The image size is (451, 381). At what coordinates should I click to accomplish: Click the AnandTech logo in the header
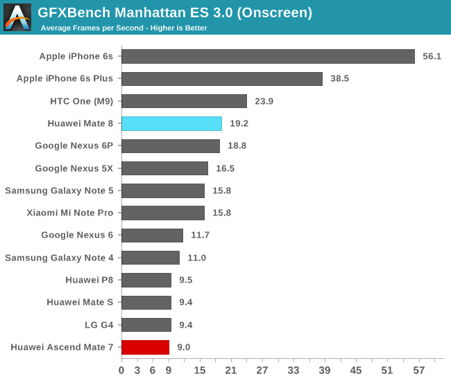pyautogui.click(x=17, y=17)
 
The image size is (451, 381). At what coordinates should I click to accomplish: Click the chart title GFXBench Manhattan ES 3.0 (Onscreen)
pyautogui.click(x=175, y=12)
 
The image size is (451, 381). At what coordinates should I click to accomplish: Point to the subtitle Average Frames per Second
pyautogui.click(x=124, y=28)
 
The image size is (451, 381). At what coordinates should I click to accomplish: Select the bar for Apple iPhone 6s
pyautogui.click(x=268, y=57)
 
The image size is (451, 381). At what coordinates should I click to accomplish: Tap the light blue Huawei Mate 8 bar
pyautogui.click(x=171, y=124)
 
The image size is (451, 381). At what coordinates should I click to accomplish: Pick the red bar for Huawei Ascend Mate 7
pyautogui.click(x=145, y=347)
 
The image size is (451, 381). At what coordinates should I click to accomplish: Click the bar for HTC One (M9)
pyautogui.click(x=184, y=101)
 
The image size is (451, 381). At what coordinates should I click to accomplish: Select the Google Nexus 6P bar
pyautogui.click(x=171, y=146)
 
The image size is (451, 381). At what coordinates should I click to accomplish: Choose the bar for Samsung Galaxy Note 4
pyautogui.click(x=151, y=258)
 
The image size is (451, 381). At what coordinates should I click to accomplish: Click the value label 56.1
pyautogui.click(x=432, y=57)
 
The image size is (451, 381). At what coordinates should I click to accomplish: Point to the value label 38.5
pyautogui.click(x=339, y=79)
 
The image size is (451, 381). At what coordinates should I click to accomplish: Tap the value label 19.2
pyautogui.click(x=239, y=124)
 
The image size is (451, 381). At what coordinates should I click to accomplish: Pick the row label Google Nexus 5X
pyautogui.click(x=74, y=168)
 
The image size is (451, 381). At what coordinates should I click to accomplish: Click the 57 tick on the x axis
pyautogui.click(x=418, y=371)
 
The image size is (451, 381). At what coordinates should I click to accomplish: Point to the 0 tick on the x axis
pyautogui.click(x=121, y=371)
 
